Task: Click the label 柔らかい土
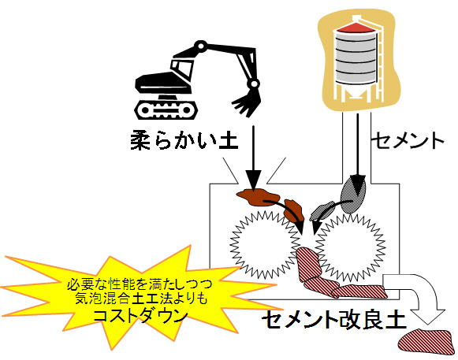[x=184, y=141]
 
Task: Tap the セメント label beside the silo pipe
[x=409, y=140]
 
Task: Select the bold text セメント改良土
[x=334, y=320]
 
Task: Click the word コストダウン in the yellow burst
[x=140, y=316]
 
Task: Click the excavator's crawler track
[x=166, y=109]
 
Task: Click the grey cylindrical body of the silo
[x=356, y=58]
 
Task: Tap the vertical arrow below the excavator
[x=253, y=158]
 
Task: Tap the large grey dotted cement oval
[x=353, y=195]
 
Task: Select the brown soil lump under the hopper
[x=257, y=197]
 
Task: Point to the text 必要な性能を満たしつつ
[x=140, y=284]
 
